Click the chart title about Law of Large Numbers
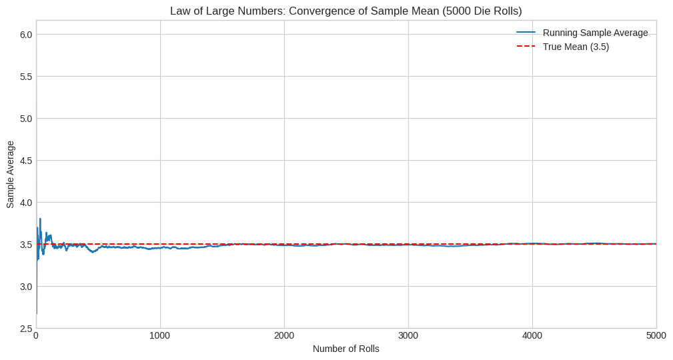tap(346, 11)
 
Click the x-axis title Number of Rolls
tap(346, 349)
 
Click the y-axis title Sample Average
tap(10, 174)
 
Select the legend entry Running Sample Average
tap(595, 33)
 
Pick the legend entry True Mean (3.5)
tap(576, 47)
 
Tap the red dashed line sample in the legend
tap(526, 47)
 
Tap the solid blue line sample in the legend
tap(526, 33)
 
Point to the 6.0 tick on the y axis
tap(25, 35)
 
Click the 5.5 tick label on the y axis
tap(25, 77)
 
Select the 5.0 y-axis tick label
tap(25, 119)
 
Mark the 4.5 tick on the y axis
tap(25, 161)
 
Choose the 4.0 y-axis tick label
tap(25, 203)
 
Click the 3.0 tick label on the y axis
tap(25, 287)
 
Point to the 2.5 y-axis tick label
tap(25, 329)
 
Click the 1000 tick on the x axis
tap(160, 336)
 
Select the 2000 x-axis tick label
tap(284, 336)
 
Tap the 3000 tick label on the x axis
tap(408, 336)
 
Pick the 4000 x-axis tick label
tap(532, 336)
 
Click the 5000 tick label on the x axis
tap(656, 336)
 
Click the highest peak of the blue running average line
tap(40, 219)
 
